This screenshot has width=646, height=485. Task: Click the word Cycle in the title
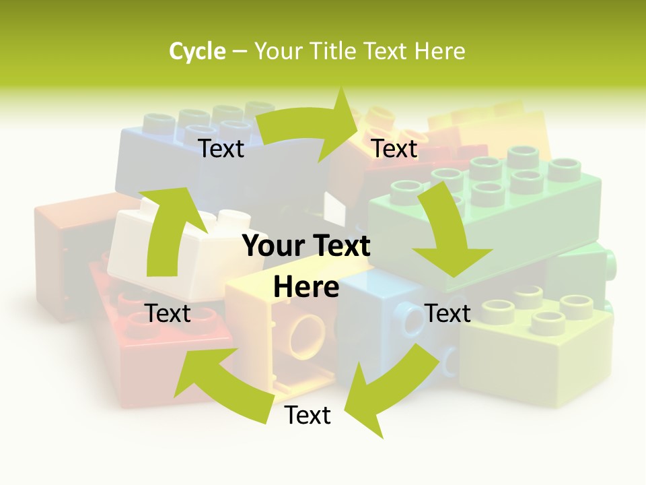pyautogui.click(x=197, y=51)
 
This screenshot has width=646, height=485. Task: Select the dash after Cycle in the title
pyautogui.click(x=240, y=52)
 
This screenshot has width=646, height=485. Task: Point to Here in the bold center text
pyautogui.click(x=306, y=287)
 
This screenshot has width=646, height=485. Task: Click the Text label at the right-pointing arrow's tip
pyautogui.click(x=395, y=149)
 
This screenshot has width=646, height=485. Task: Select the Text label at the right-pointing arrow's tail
pyautogui.click(x=221, y=149)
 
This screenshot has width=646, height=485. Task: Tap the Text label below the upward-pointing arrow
pyautogui.click(x=168, y=313)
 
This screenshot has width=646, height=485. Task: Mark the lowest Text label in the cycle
pyautogui.click(x=308, y=416)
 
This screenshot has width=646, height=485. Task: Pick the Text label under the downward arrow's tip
pyautogui.click(x=448, y=313)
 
